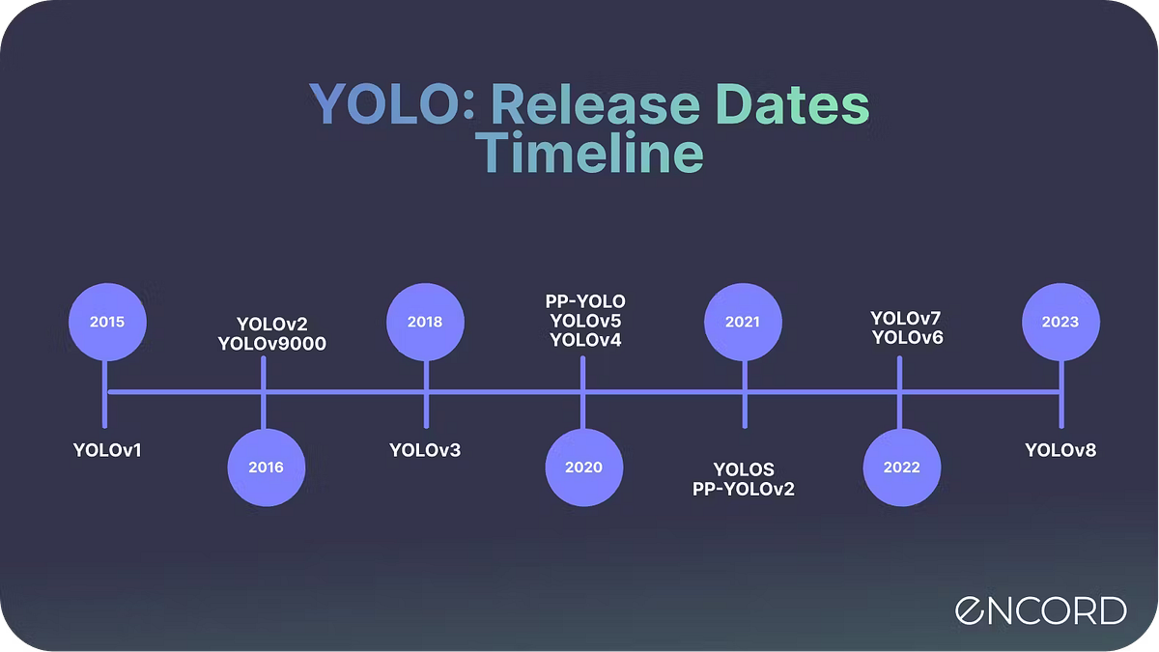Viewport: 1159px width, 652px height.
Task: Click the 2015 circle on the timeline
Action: (107, 322)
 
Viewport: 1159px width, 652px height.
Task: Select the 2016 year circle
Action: (266, 468)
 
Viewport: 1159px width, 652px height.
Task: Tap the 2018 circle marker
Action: (425, 322)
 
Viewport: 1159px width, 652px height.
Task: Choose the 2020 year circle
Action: (583, 468)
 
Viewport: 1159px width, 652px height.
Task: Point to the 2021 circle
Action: (743, 322)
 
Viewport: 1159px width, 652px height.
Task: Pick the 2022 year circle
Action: (902, 468)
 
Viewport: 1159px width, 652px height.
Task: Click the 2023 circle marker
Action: (1060, 322)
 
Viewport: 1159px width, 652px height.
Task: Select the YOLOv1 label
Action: (107, 450)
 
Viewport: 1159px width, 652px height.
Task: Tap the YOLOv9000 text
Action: (272, 344)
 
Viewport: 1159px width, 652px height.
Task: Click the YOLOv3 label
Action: (425, 450)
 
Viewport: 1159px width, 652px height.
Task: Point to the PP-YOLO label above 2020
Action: (585, 301)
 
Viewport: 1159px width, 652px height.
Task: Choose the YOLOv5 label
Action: (585, 321)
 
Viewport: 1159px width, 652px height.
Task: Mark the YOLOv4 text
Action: (585, 340)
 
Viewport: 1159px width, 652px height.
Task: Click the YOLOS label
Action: (744, 469)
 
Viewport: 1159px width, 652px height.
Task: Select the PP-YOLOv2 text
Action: (744, 489)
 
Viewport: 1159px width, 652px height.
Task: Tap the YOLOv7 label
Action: (906, 318)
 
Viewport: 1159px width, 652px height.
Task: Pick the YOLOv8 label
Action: (1060, 450)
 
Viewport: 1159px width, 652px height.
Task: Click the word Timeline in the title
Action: (589, 153)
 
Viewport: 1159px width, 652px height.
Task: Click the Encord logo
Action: (1040, 610)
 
